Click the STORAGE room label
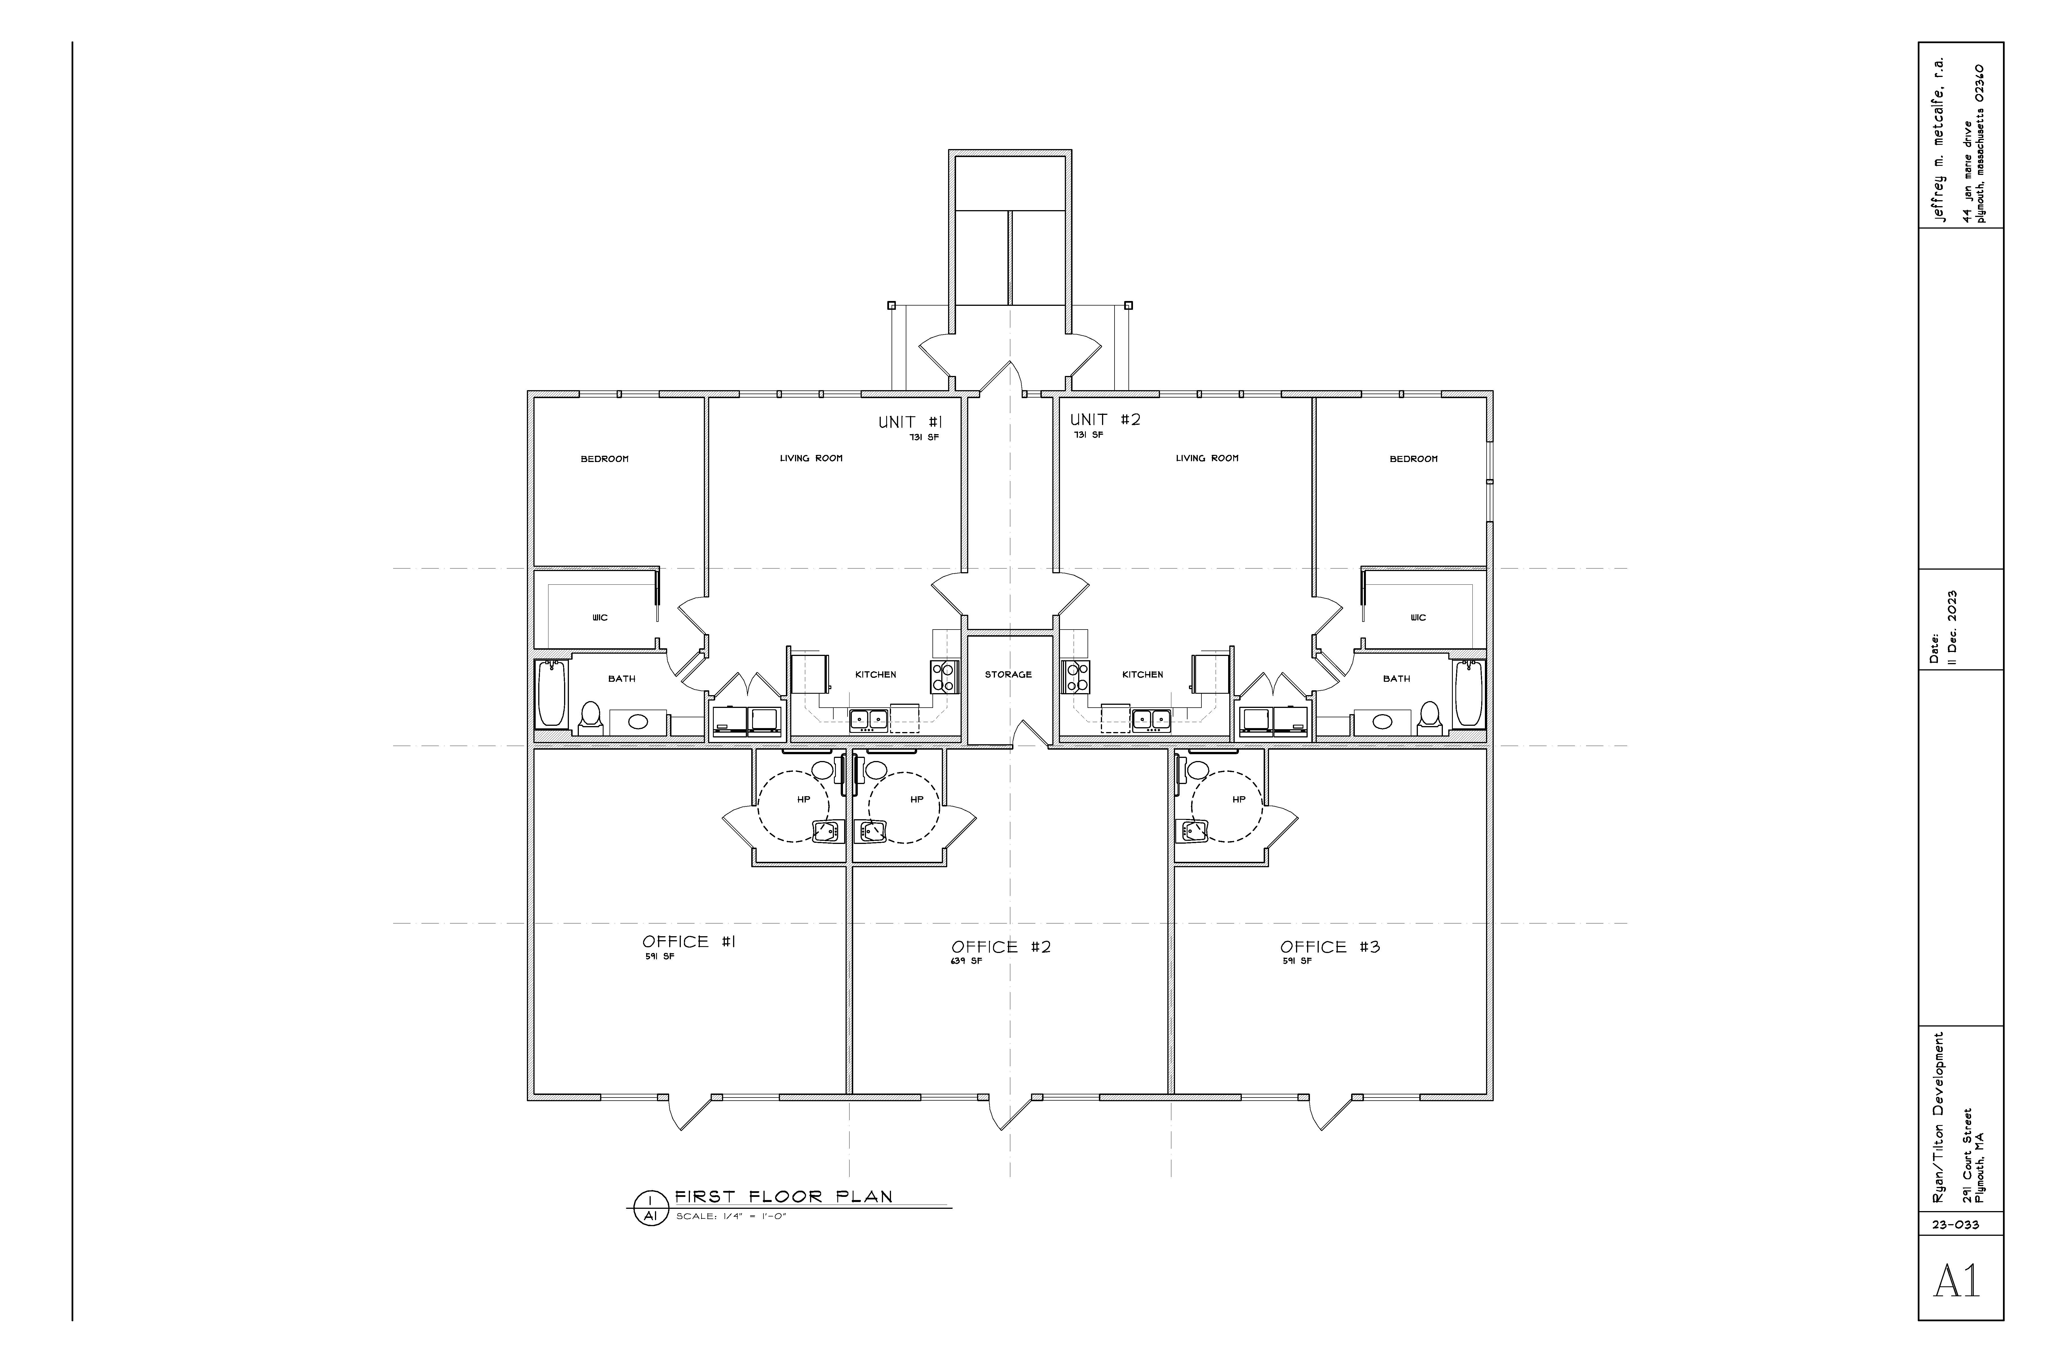[1009, 675]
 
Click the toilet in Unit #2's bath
[1428, 716]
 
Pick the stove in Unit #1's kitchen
[944, 676]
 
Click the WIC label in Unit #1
[600, 618]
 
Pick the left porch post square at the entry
[891, 305]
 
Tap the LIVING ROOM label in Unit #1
[811, 458]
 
